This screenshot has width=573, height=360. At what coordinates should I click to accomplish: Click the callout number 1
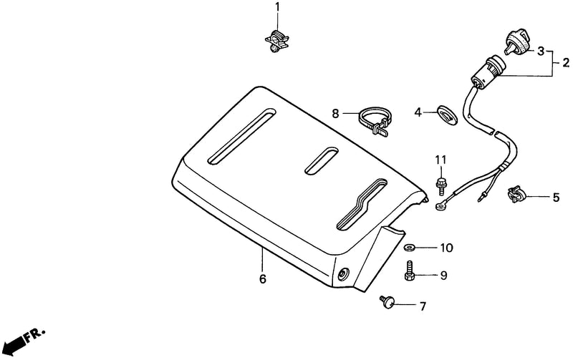pyautogui.click(x=277, y=6)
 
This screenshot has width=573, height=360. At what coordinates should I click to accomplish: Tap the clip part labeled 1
pyautogui.click(x=276, y=40)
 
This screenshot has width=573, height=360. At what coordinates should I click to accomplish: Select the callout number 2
pyautogui.click(x=566, y=62)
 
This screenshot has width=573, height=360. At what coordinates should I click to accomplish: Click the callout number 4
pyautogui.click(x=418, y=112)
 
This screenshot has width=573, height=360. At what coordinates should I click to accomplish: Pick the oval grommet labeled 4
pyautogui.click(x=447, y=116)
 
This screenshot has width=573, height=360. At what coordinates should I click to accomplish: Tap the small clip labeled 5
pyautogui.click(x=516, y=194)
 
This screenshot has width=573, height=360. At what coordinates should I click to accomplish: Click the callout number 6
pyautogui.click(x=263, y=279)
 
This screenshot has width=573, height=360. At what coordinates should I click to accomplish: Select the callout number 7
pyautogui.click(x=423, y=306)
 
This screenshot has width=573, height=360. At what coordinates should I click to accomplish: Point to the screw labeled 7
pyautogui.click(x=387, y=301)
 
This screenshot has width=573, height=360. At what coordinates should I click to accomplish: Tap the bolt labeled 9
pyautogui.click(x=410, y=271)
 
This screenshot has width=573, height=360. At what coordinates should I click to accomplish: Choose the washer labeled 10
pyautogui.click(x=408, y=248)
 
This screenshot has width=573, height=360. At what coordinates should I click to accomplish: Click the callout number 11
pyautogui.click(x=440, y=160)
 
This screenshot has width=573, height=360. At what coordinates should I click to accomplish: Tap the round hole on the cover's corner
pyautogui.click(x=344, y=274)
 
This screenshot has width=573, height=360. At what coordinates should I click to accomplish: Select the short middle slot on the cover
pyautogui.click(x=322, y=160)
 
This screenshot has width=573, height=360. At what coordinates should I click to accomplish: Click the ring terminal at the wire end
pyautogui.click(x=440, y=207)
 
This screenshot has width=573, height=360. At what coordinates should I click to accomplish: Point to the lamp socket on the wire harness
pyautogui.click(x=488, y=72)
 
